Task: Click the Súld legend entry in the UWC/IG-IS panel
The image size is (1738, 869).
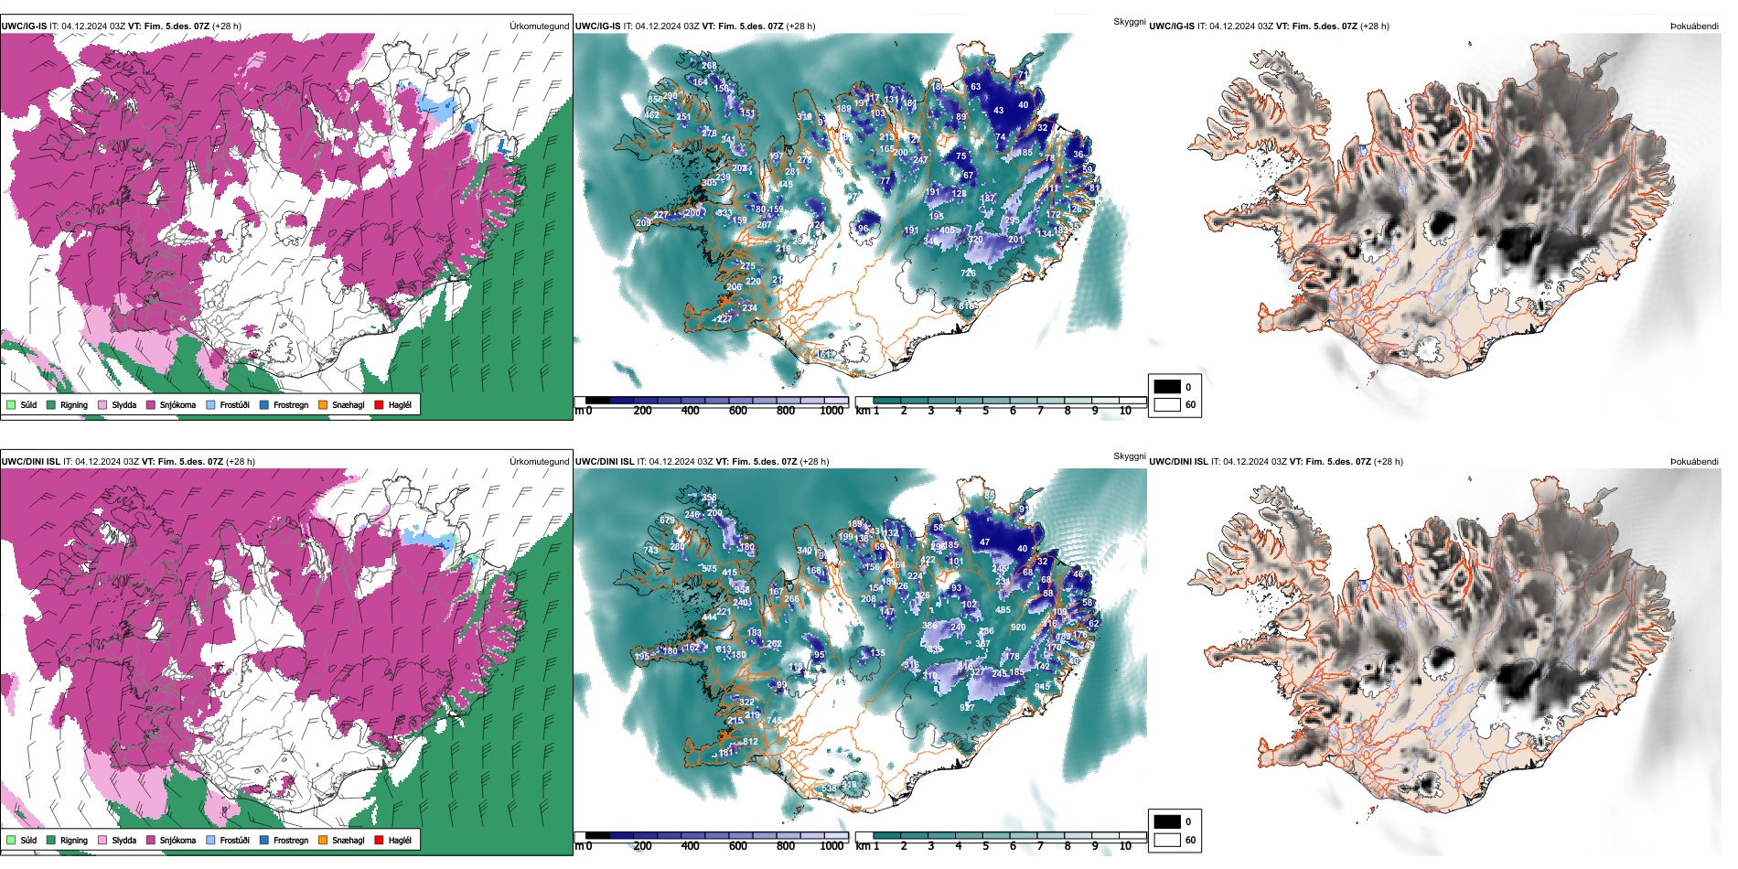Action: pyautogui.click(x=22, y=404)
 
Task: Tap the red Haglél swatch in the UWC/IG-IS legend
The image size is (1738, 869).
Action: pyautogui.click(x=379, y=404)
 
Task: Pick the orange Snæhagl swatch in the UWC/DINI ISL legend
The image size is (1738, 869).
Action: pyautogui.click(x=323, y=840)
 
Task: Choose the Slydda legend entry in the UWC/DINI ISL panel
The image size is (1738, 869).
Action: pyautogui.click(x=117, y=840)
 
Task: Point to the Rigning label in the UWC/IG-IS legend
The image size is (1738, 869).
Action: pyautogui.click(x=74, y=404)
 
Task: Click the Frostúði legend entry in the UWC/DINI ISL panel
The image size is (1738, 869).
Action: pyautogui.click(x=228, y=840)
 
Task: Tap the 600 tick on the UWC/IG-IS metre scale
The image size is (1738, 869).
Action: pyautogui.click(x=738, y=411)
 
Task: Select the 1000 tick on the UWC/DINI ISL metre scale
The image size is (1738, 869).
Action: pyautogui.click(x=831, y=846)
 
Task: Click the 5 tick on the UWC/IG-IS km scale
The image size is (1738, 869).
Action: pyautogui.click(x=986, y=411)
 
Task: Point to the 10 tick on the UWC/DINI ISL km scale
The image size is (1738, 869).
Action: pyautogui.click(x=1125, y=846)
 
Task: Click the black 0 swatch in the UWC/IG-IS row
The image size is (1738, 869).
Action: pyautogui.click(x=1167, y=387)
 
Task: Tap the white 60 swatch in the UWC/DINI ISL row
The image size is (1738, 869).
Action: pyautogui.click(x=1167, y=840)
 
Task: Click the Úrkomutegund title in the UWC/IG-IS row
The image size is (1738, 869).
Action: pyautogui.click(x=539, y=26)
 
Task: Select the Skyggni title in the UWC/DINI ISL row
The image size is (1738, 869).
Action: pyautogui.click(x=1129, y=456)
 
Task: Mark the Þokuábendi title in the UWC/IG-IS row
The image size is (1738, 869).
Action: pyautogui.click(x=1694, y=26)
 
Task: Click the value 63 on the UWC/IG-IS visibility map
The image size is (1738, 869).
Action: pyautogui.click(x=976, y=87)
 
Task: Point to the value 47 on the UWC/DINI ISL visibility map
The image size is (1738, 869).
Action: pyautogui.click(x=985, y=542)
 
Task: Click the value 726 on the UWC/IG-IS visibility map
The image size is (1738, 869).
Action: pyautogui.click(x=968, y=273)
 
